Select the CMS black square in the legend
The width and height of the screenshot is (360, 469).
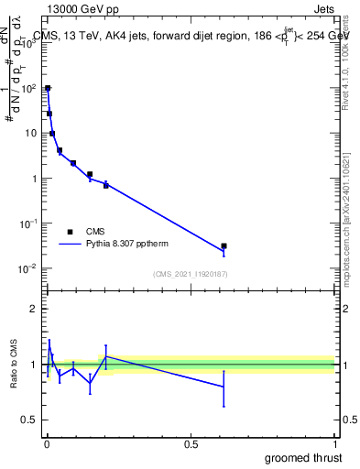click(70, 232)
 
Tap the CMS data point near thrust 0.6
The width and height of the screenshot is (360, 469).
click(224, 246)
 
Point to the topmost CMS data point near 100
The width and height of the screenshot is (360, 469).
click(48, 89)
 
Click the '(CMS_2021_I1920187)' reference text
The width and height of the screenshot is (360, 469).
click(190, 273)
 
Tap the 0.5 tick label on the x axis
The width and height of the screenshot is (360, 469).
click(191, 444)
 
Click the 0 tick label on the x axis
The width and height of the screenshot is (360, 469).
click(46, 444)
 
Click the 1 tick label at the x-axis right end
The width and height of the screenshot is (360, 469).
click(334, 444)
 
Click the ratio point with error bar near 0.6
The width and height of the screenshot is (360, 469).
click(224, 387)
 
